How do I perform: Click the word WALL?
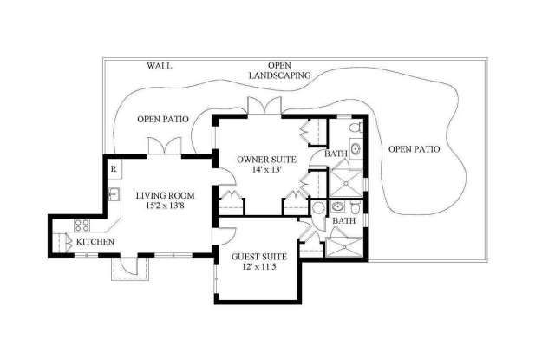coord(160,66)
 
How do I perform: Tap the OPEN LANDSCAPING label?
coord(279,70)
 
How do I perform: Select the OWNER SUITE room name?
coord(266,160)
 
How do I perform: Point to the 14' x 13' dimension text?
coord(266,169)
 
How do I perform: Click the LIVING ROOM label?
coord(166,195)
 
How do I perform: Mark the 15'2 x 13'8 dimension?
coord(166,206)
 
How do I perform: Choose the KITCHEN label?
coord(95,242)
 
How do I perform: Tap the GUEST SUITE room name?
coord(259,257)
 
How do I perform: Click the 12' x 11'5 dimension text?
coord(259,266)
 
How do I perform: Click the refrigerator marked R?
coord(114,169)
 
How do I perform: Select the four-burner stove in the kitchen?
coord(82,226)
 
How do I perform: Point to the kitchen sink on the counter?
coord(114,194)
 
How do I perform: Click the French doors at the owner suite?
coord(264,106)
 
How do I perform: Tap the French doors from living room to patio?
coord(164,147)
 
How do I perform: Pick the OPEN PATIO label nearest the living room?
coord(163,120)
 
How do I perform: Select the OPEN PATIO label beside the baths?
coord(415,149)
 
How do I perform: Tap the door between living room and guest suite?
coord(224,236)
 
